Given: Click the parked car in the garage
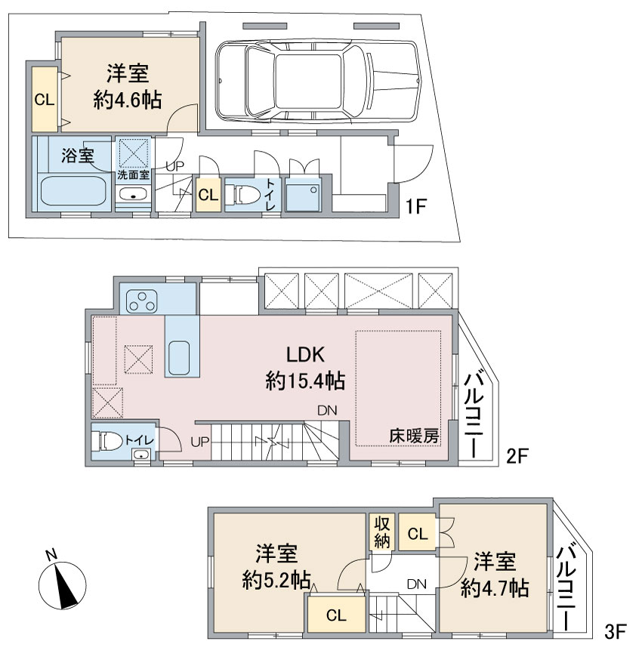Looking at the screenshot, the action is click(317, 82).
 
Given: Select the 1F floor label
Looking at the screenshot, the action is click(415, 207).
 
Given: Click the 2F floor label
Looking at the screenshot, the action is click(517, 456).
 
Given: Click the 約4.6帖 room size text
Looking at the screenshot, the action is click(128, 100).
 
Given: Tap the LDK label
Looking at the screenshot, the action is click(305, 354).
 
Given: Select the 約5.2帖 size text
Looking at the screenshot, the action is click(276, 580).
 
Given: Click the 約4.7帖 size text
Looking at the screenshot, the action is click(495, 587).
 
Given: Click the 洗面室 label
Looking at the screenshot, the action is click(133, 174).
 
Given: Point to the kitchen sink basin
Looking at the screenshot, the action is click(179, 357).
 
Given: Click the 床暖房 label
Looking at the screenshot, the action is click(414, 436).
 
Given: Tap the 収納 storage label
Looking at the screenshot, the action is click(381, 532).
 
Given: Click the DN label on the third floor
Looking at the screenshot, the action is click(417, 584).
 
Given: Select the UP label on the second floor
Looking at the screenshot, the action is click(199, 442).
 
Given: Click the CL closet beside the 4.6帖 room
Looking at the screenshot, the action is click(45, 100).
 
